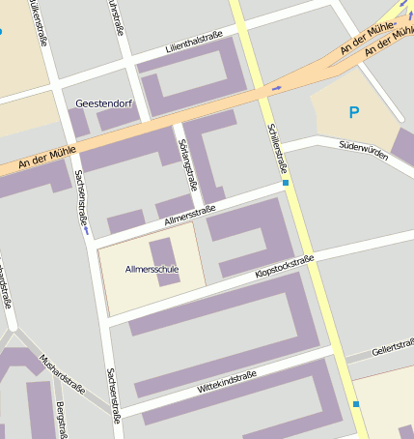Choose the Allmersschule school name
152,269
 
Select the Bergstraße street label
62,420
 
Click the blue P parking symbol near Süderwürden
353,112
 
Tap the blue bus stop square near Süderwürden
286,182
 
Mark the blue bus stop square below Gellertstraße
355,403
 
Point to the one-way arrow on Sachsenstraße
86,231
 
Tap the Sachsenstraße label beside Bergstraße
113,396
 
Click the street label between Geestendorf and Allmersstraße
187,161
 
